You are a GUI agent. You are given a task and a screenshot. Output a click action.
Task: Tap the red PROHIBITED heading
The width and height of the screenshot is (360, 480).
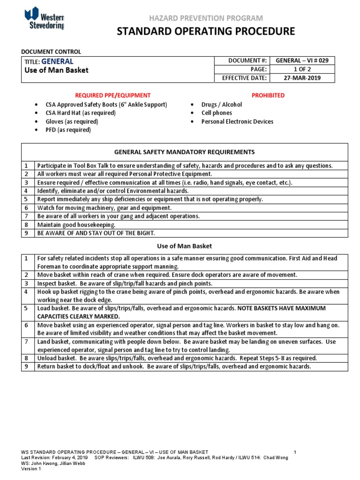click(x=268, y=95)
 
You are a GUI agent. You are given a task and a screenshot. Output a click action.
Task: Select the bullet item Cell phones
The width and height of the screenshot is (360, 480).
click(x=217, y=113)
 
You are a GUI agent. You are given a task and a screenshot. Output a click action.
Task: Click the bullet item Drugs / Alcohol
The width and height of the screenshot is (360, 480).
click(x=222, y=105)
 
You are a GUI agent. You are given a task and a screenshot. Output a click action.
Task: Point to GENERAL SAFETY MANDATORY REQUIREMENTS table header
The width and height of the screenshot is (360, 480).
click(x=185, y=152)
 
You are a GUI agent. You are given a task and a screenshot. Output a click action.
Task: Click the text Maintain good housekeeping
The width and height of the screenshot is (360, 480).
click(x=76, y=225)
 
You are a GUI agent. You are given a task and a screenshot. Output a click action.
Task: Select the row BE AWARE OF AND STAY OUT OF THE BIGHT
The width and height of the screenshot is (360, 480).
click(x=96, y=233)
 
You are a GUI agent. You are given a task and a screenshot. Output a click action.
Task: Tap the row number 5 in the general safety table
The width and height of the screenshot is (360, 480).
click(x=27, y=199)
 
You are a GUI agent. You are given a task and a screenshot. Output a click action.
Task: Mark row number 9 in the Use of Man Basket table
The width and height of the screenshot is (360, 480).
click(x=27, y=367)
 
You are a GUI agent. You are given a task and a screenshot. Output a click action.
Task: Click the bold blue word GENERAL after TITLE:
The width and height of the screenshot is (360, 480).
click(x=57, y=61)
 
